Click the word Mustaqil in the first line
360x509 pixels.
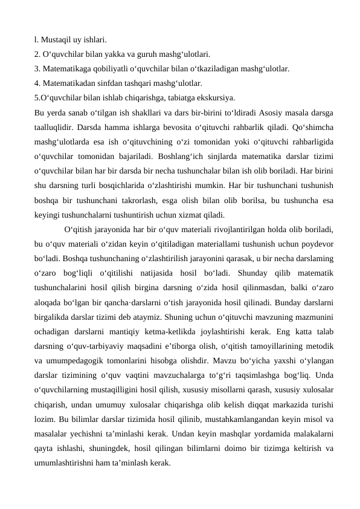click(55, 41)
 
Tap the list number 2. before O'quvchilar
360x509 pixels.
click(38, 54)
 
